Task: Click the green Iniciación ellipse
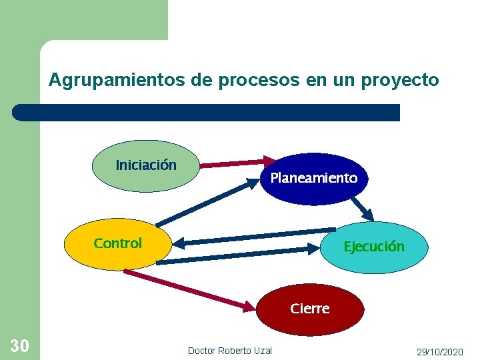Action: [146, 165]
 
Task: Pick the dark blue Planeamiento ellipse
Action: [313, 179]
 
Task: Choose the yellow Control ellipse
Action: [118, 243]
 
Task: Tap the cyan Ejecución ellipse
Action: [373, 247]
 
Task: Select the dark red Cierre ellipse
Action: [310, 309]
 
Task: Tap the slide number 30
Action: [19, 345]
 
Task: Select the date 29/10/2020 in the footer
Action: [439, 351]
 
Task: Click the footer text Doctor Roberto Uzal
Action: [230, 351]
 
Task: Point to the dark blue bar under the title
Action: [207, 112]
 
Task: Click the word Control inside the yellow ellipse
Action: [118, 243]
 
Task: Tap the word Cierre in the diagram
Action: [310, 309]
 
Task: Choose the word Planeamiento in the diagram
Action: [313, 178]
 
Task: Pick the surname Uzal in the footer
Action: [263, 351]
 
